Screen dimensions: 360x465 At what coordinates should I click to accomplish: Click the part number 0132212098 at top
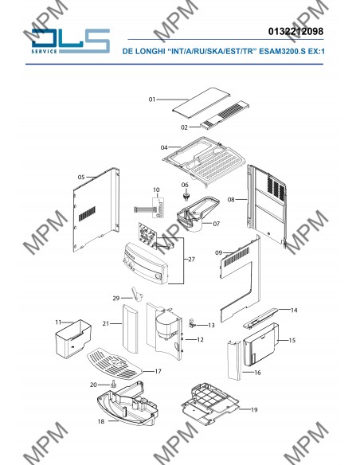(295, 31)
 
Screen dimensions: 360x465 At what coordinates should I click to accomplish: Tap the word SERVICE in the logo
(44, 51)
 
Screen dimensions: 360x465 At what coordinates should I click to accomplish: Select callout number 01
(152, 100)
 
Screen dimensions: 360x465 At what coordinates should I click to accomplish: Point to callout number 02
(184, 127)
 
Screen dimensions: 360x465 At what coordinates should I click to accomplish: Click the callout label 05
(81, 177)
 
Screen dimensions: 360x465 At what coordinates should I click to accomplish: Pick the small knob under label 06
(186, 196)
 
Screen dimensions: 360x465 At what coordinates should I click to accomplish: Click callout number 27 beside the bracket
(192, 259)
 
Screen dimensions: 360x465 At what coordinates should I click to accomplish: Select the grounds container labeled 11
(73, 338)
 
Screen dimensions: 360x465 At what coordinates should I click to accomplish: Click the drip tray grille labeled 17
(115, 364)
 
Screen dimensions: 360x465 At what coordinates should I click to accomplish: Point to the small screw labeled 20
(113, 384)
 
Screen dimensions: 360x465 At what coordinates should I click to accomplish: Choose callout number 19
(254, 409)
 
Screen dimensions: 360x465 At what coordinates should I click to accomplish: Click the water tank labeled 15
(260, 344)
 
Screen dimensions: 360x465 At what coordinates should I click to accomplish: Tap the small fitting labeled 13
(192, 322)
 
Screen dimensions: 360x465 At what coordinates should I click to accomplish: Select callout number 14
(294, 311)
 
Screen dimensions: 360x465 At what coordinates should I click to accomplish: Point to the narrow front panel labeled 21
(131, 329)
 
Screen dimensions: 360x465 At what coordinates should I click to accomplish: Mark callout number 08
(231, 200)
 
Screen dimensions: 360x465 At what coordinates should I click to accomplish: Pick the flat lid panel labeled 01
(202, 104)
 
